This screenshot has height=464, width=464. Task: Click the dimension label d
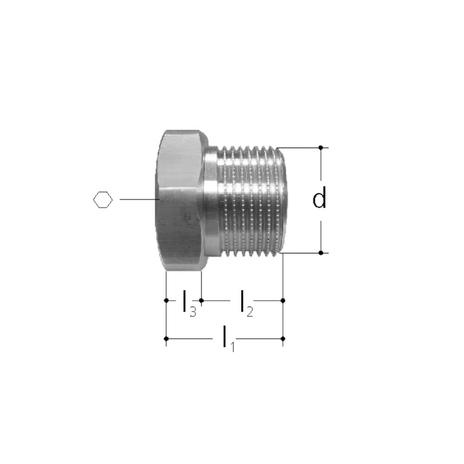click(x=319, y=198)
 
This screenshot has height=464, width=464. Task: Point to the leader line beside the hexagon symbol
click(x=139, y=200)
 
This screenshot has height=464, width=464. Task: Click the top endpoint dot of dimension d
click(x=321, y=148)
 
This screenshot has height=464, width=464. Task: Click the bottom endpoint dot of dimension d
click(x=321, y=253)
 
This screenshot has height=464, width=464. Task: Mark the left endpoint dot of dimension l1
click(x=166, y=338)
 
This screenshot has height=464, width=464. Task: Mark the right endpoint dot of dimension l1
click(x=283, y=338)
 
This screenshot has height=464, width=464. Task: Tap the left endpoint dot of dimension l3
click(x=166, y=301)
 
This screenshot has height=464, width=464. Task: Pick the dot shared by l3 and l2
click(x=201, y=301)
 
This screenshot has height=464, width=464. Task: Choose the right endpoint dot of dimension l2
click(x=283, y=301)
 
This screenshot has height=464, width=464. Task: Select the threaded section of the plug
click(x=251, y=200)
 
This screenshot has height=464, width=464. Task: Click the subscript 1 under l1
click(x=232, y=346)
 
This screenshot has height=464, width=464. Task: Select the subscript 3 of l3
click(x=193, y=311)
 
